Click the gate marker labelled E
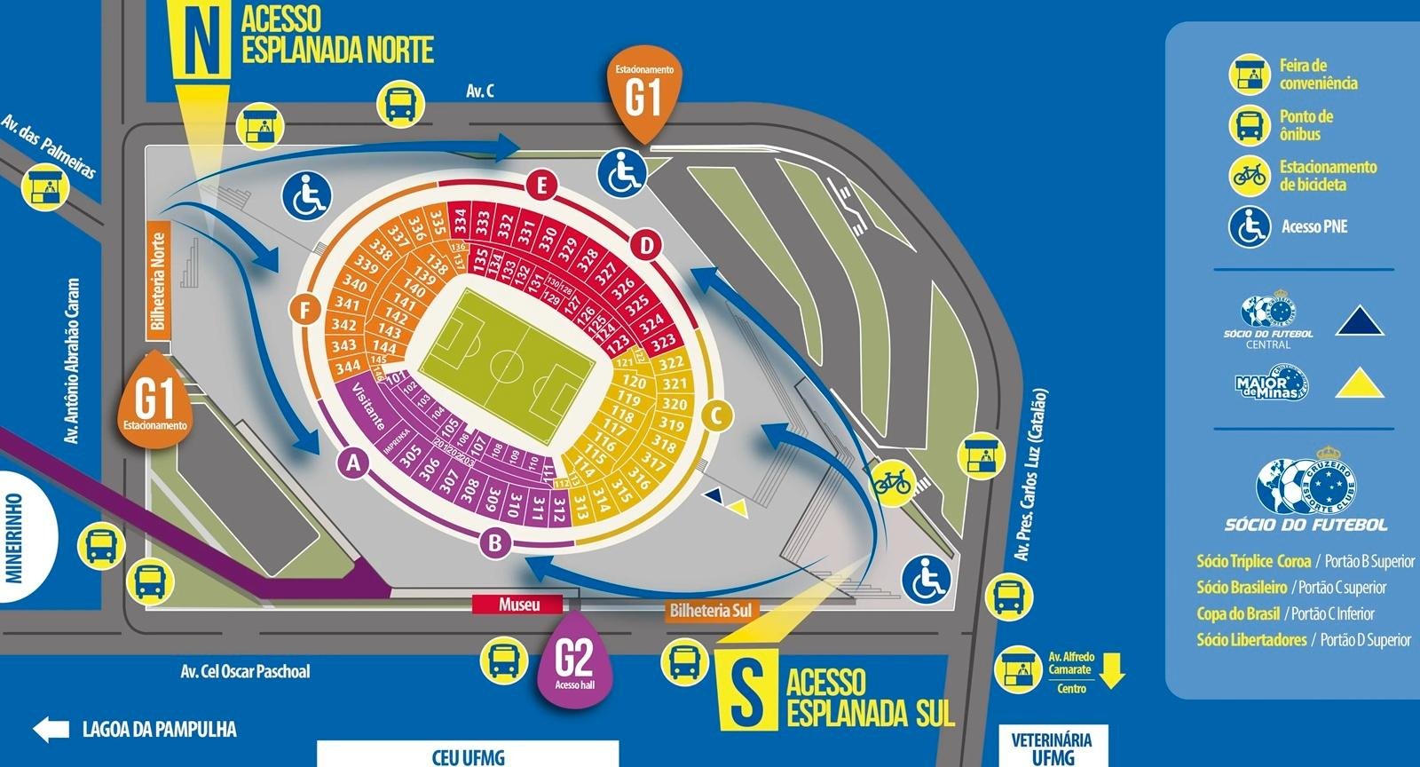[x=540, y=186]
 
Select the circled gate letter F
[x=304, y=311]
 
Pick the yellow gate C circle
[x=717, y=415]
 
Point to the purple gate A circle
[x=354, y=463]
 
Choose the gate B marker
[x=496, y=542]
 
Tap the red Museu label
[x=518, y=605]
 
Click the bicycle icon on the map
[x=893, y=482]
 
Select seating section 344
[x=347, y=366]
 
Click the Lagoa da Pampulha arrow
[x=51, y=730]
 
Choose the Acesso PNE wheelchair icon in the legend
[x=1250, y=226]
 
